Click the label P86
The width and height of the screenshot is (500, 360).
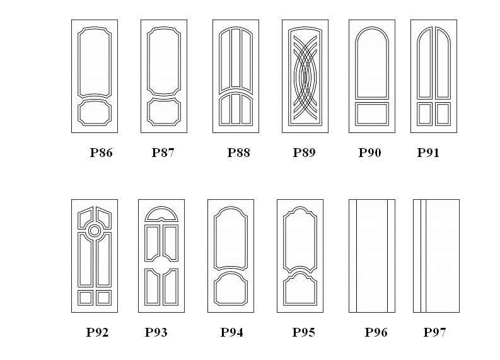pos(101,153)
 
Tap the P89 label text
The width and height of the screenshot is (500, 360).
pos(304,153)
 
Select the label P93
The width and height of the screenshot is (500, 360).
pos(156,332)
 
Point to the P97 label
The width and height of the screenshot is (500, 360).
pos(434,332)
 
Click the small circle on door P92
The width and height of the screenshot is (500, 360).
pos(95,231)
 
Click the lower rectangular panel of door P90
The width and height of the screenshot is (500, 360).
pos(372,114)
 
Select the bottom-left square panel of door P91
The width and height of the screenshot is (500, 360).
pos(425,114)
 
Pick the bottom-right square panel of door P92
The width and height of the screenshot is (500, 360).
pos(103,298)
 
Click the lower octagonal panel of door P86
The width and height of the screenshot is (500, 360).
pos(95,113)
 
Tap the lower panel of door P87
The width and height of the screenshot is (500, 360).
pos(164,112)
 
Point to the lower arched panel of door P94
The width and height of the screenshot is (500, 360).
pos(231,289)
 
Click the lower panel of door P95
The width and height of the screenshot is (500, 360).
pos(300,289)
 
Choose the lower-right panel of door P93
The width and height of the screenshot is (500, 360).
pos(171,287)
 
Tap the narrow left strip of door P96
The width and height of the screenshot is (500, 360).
pos(352,256)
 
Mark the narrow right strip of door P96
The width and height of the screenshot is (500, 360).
pos(392,256)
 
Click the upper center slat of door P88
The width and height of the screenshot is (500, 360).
pos(236,58)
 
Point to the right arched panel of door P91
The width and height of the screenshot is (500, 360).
pos(443,63)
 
